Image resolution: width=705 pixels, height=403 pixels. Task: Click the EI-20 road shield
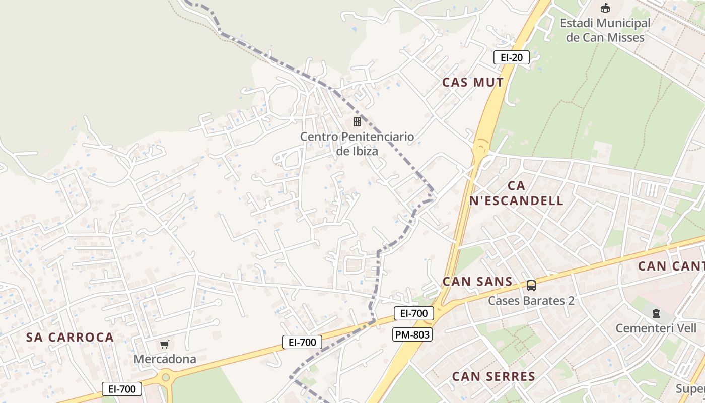(x=512, y=57)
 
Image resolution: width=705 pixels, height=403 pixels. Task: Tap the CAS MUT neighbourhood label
(x=473, y=83)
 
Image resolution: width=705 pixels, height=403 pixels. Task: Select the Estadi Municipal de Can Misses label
(x=605, y=30)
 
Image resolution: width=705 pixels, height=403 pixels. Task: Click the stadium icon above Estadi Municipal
(x=605, y=8)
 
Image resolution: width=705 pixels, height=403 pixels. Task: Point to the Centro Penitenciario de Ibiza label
(x=357, y=144)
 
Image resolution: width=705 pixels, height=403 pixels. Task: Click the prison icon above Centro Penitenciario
(x=357, y=122)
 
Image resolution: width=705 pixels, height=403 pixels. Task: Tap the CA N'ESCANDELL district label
(x=516, y=193)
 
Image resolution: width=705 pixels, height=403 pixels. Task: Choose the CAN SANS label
(x=477, y=282)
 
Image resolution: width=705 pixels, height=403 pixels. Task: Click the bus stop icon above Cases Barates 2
(x=531, y=286)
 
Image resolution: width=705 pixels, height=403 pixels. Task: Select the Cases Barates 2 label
(x=531, y=301)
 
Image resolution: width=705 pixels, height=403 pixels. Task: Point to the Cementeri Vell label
(x=656, y=328)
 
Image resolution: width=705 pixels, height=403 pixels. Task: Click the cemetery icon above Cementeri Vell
(x=656, y=313)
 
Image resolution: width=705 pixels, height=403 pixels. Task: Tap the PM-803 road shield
(x=412, y=334)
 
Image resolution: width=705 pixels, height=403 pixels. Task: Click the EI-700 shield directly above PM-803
(x=414, y=313)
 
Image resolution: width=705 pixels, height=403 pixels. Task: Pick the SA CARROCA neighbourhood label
(x=70, y=338)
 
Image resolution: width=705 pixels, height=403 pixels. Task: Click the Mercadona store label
(x=165, y=359)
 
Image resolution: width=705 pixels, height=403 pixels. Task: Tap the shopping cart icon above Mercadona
(x=164, y=345)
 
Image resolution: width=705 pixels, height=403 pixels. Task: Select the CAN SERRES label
(x=493, y=376)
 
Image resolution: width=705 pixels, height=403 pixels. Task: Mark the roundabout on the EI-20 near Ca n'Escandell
(x=480, y=149)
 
